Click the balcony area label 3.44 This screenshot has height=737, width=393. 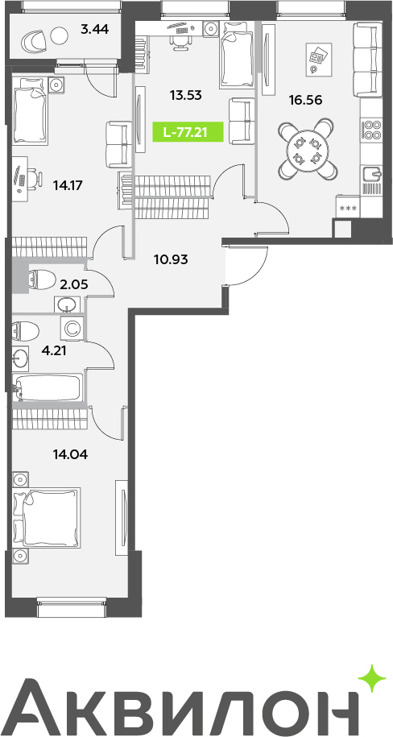[x=94, y=30]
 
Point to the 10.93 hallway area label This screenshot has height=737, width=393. [x=171, y=259]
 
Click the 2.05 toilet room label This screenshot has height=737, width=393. [x=74, y=284]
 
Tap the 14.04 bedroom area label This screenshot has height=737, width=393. [x=72, y=454]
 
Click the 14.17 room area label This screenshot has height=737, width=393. [x=68, y=185]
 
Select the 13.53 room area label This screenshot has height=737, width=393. [x=186, y=95]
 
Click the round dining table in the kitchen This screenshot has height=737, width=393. [x=307, y=150]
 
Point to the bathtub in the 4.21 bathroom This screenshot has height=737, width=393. [x=48, y=387]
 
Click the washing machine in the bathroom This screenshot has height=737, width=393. [x=72, y=328]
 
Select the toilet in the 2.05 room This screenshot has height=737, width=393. [x=39, y=280]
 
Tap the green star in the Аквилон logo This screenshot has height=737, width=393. [x=372, y=679]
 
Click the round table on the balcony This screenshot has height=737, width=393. [x=60, y=37]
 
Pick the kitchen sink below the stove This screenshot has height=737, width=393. [x=372, y=174]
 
